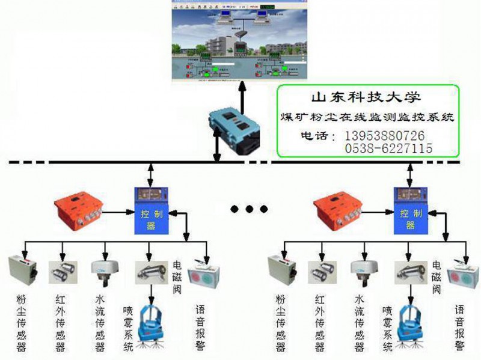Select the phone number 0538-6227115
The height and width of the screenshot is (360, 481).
pyautogui.click(x=388, y=148)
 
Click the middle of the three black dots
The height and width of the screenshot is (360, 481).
pyautogui.click(x=250, y=209)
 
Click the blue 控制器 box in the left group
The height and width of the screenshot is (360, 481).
pyautogui.click(x=150, y=210)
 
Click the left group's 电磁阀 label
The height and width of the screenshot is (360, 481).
pyautogui.click(x=178, y=278)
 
